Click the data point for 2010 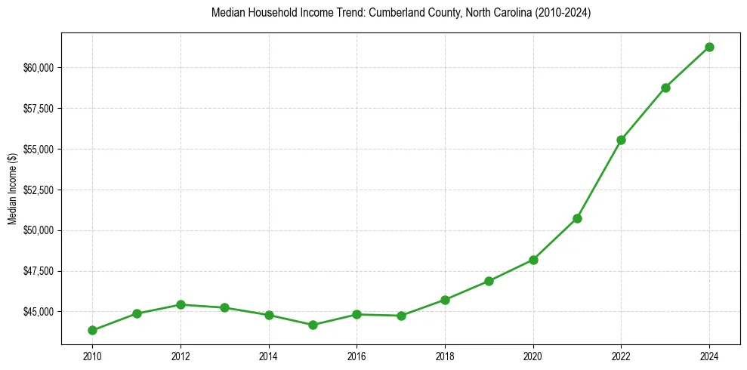click(92, 330)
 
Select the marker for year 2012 click(181, 304)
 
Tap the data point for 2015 click(313, 325)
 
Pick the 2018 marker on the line click(445, 300)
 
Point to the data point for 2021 click(577, 218)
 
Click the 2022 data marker click(621, 140)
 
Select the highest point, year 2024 click(709, 47)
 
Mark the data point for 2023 click(665, 88)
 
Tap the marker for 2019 click(489, 281)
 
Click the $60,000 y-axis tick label click(38, 68)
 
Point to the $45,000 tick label click(38, 311)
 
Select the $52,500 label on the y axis click(38, 190)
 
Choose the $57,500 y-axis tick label click(38, 109)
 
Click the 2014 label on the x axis click(268, 353)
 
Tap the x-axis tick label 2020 click(533, 353)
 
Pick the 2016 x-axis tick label click(357, 353)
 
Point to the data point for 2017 click(401, 316)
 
